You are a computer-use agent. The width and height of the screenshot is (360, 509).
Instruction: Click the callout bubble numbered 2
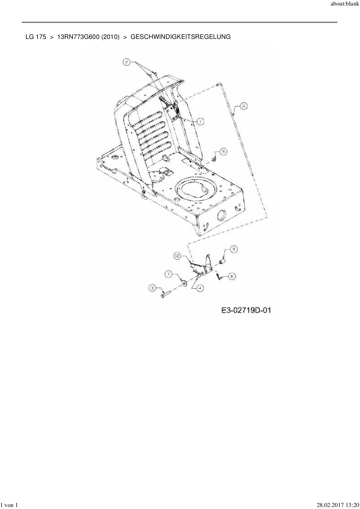click(127, 62)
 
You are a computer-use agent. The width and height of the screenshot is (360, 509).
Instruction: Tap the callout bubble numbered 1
click(200, 122)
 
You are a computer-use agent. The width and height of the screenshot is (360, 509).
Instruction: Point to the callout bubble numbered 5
click(223, 151)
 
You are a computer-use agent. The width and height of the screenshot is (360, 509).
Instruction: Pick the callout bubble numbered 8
click(234, 249)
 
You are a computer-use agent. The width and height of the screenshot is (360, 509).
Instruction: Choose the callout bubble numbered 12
click(178, 256)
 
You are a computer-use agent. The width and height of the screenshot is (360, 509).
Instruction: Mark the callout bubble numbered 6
click(232, 277)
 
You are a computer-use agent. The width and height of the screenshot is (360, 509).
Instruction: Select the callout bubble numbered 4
click(200, 288)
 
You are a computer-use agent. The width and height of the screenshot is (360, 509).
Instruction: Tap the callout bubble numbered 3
click(152, 288)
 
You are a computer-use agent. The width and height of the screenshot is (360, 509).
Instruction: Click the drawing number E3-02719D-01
click(246, 310)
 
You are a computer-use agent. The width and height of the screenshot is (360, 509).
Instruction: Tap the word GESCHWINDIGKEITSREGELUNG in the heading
click(181, 37)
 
